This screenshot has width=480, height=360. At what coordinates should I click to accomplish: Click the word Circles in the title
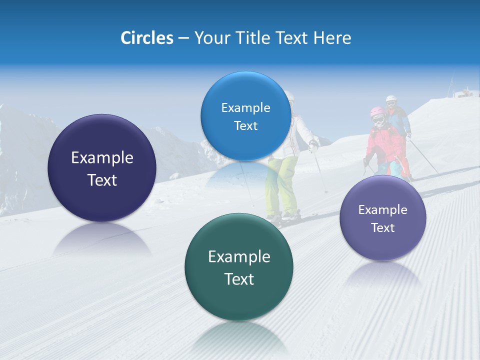click(146, 38)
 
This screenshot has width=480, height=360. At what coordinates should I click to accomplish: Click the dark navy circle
click(102, 168)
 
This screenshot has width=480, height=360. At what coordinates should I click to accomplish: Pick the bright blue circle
click(245, 116)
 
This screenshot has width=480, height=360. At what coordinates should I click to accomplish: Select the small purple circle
click(382, 218)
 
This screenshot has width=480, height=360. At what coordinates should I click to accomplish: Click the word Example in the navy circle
click(102, 158)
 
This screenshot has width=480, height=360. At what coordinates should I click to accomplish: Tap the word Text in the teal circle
click(239, 279)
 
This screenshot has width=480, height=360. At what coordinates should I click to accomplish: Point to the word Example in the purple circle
click(382, 209)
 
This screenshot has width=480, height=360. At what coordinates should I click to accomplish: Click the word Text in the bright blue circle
click(245, 126)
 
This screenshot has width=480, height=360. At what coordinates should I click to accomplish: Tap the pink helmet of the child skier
click(377, 111)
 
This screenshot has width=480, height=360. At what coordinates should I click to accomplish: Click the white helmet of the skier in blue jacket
click(390, 99)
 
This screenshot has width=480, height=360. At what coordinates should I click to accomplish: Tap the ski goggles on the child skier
click(378, 119)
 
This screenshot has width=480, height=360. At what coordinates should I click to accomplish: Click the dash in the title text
click(183, 38)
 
